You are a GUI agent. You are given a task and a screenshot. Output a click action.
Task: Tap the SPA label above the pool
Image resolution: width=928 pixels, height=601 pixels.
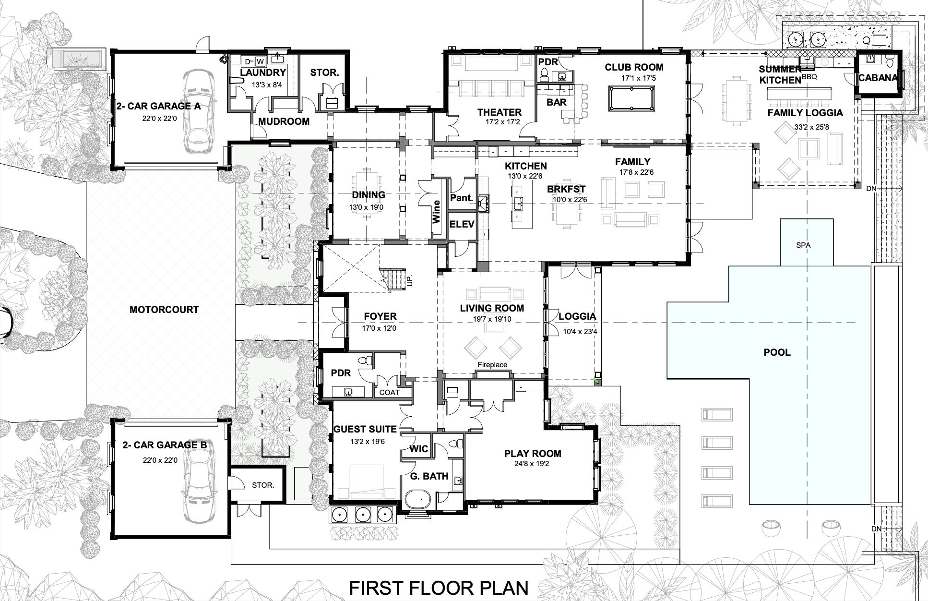[x=803, y=245]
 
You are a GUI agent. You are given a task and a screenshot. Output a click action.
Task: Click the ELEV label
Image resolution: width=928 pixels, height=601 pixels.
[x=462, y=224]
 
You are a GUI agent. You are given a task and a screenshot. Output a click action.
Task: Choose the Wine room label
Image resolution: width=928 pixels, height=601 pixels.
[x=436, y=212]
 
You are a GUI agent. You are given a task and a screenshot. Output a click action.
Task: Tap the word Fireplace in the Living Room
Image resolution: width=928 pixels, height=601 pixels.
[x=492, y=365]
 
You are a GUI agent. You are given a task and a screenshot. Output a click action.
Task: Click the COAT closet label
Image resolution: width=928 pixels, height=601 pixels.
[x=389, y=392]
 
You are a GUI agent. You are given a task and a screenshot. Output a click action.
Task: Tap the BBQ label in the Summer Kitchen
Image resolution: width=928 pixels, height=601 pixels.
[x=809, y=76]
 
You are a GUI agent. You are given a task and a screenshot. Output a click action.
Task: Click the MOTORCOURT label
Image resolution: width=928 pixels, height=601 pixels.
[x=164, y=310]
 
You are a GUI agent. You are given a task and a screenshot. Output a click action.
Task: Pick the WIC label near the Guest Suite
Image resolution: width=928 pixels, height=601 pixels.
[x=418, y=449]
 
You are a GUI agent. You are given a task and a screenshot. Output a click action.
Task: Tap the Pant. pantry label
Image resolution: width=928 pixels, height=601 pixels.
[x=462, y=197]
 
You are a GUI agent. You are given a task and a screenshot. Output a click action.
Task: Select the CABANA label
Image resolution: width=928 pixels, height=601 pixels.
[x=878, y=77]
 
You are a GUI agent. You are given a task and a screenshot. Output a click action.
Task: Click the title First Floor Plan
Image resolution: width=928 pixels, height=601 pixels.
[x=438, y=588]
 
